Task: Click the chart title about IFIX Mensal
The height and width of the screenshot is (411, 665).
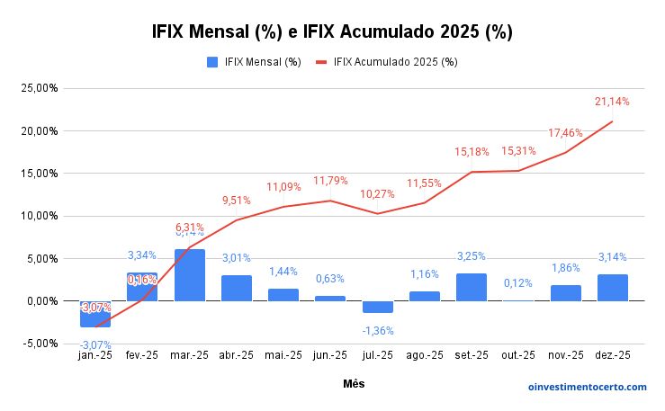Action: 332,31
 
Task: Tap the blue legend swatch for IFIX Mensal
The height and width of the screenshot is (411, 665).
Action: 213,62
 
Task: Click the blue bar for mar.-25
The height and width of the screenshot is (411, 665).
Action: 189,275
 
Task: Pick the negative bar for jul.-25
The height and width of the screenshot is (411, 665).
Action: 377,307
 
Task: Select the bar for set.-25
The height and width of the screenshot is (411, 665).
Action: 472,287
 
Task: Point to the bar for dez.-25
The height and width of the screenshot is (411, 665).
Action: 612,288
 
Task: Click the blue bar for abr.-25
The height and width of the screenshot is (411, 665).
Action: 236,288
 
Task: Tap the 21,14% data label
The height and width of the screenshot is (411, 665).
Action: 612,102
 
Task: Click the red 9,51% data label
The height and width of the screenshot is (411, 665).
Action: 237,201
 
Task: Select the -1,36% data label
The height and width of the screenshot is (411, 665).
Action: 378,330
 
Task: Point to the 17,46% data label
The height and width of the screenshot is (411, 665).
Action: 565,133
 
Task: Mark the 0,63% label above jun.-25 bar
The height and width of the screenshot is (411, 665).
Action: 330,279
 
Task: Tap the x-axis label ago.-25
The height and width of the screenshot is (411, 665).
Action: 424,355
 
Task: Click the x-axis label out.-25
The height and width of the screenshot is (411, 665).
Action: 518,355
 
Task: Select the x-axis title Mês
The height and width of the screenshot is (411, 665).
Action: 354,384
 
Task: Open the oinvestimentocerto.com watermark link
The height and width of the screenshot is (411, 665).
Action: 587,387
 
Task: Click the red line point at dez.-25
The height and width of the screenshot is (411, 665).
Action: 612,121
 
